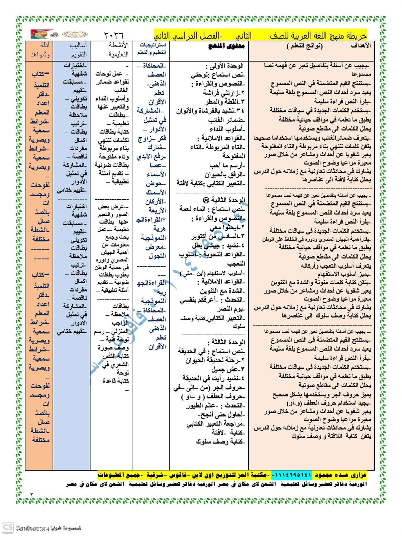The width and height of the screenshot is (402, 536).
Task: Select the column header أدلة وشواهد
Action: pyautogui.click(x=40, y=50)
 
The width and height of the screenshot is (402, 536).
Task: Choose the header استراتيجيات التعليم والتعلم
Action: pyautogui.click(x=152, y=49)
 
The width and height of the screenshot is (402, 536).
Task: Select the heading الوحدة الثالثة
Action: pyautogui.click(x=226, y=342)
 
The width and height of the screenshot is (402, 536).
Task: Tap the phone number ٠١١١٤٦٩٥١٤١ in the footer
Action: pyautogui.click(x=292, y=475)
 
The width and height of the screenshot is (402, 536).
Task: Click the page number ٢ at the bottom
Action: pyautogui.click(x=32, y=495)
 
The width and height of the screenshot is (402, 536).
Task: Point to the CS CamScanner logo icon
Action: pyautogui.click(x=8, y=528)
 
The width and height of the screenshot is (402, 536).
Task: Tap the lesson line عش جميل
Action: pyautogui.click(x=228, y=369)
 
